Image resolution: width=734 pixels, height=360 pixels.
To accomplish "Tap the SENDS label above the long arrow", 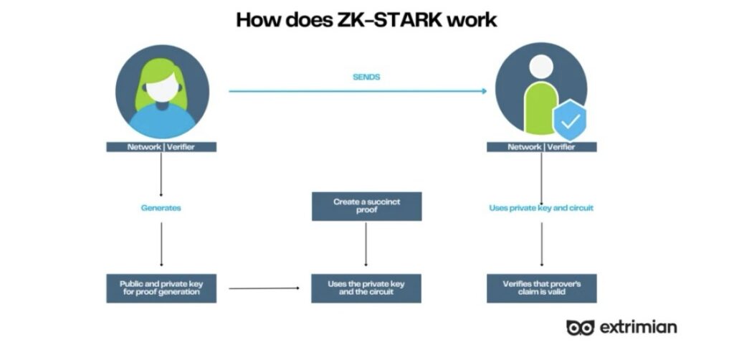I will [366, 77].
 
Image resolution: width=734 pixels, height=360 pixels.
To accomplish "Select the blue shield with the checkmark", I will [571, 120].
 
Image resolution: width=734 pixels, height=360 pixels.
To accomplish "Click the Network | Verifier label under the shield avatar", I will [541, 147].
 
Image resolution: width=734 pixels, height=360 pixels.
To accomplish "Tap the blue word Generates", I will [161, 208].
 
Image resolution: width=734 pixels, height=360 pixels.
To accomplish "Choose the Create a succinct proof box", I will [366, 207].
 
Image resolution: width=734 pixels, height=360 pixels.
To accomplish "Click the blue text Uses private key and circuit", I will [541, 208].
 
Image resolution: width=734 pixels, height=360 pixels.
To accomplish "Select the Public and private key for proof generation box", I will [161, 288].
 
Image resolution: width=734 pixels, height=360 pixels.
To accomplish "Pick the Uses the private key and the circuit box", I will [366, 288].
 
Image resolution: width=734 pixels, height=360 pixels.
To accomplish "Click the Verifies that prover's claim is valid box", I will [541, 288].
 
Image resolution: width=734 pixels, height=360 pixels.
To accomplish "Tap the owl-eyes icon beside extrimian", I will [581, 327].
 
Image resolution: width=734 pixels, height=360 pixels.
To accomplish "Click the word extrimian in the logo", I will [639, 327].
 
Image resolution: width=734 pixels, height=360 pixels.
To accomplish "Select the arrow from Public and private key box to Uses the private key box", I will [264, 288].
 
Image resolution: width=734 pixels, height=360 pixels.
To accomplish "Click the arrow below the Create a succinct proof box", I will [366, 246].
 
